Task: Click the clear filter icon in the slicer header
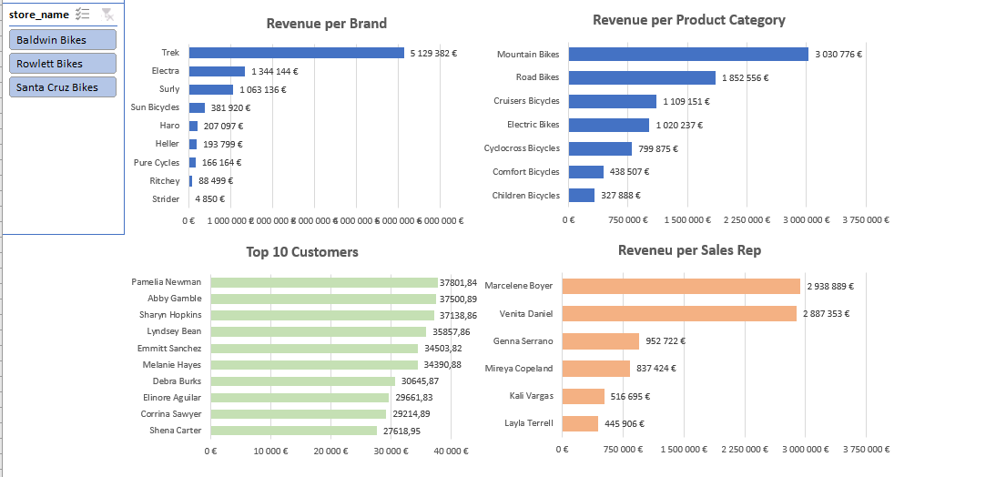107,15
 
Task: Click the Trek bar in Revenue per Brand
296,53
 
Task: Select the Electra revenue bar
217,71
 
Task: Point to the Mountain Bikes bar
688,55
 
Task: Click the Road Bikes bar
642,78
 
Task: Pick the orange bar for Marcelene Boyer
681,286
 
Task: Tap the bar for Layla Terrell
580,423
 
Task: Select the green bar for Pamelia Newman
324,283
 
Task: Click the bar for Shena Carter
293,431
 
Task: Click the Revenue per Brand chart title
326,24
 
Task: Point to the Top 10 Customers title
301,252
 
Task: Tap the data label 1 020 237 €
679,126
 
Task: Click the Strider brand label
167,199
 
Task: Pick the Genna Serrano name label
524,341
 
